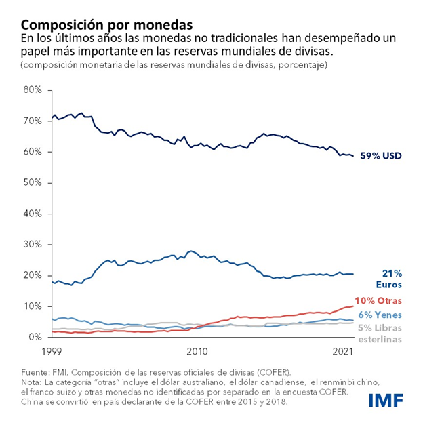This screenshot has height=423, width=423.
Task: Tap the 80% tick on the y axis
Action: click(x=33, y=90)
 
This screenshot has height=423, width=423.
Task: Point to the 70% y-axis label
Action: click(x=33, y=121)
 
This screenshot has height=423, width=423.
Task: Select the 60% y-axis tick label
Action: click(x=33, y=152)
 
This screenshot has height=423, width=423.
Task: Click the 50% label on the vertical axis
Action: click(x=33, y=182)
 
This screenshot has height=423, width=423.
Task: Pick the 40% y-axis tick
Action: click(x=33, y=214)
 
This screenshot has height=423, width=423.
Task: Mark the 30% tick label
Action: click(x=33, y=244)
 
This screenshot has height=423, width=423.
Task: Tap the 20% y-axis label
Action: click(x=33, y=275)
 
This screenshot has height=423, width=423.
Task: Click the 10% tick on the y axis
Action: click(x=33, y=306)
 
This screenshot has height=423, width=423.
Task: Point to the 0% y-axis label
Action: click(x=35, y=337)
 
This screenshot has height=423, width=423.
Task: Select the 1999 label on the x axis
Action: click(x=53, y=351)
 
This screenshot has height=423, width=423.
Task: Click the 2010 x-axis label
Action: click(x=197, y=351)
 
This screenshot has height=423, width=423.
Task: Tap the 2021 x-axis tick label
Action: click(x=343, y=351)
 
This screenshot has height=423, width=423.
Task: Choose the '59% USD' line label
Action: click(x=380, y=156)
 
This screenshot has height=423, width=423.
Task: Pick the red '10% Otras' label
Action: click(x=378, y=300)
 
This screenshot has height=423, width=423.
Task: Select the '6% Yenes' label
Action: click(x=379, y=315)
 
